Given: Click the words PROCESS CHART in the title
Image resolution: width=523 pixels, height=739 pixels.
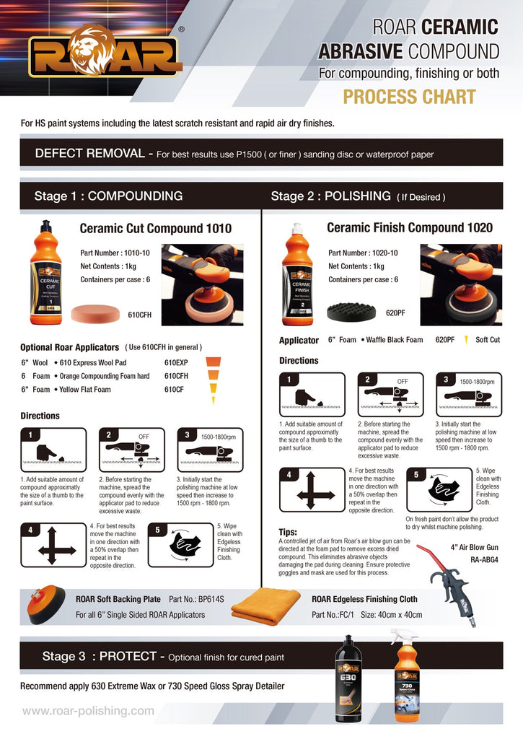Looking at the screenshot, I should pos(409,97).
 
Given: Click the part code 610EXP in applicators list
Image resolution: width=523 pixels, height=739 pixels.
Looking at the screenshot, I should pos(176,362).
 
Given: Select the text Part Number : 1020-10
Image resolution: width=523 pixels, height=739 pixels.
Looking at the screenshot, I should pos(363,253).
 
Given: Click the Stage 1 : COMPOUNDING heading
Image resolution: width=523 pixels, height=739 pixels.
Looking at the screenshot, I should pos(108,196).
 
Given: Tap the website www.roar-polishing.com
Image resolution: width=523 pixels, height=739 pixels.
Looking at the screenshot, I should pos(88,711).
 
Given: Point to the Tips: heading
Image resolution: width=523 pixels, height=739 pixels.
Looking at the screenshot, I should pos(288,532).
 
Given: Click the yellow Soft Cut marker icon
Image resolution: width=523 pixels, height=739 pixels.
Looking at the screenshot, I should pos(467,340).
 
